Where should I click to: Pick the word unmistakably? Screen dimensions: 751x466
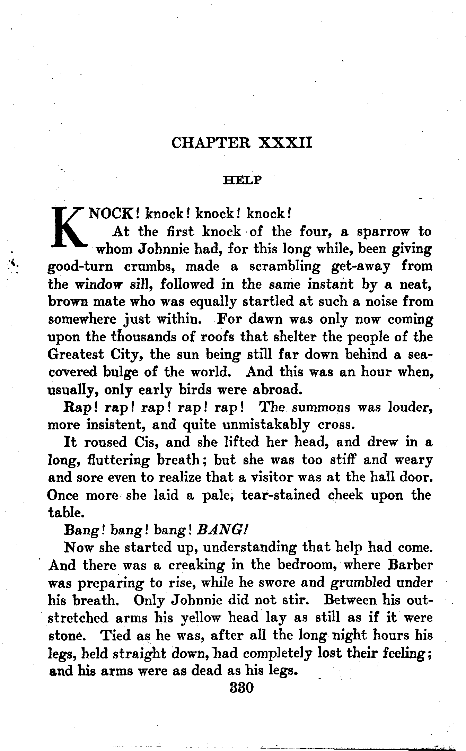click(x=266, y=425)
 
